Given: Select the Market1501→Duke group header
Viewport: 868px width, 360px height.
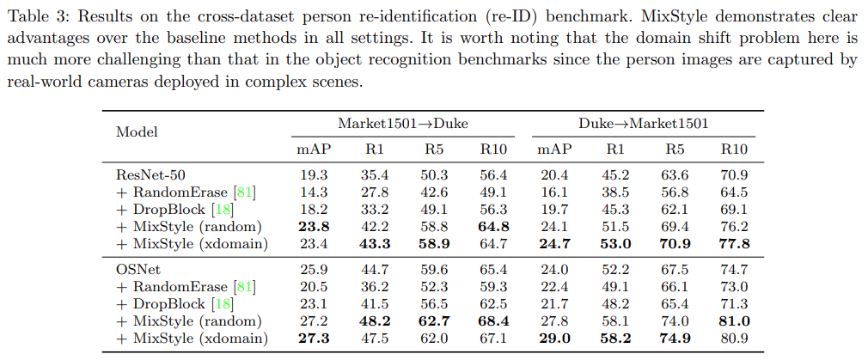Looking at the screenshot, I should [403, 124].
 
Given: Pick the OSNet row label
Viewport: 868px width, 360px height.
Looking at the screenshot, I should [134, 270].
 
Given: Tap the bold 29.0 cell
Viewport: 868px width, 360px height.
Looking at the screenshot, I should [554, 339].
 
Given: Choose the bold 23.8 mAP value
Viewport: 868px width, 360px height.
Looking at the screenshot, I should [314, 227].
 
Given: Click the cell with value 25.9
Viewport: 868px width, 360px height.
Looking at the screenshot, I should [314, 270].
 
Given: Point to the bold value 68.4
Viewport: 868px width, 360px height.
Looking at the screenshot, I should [494, 321].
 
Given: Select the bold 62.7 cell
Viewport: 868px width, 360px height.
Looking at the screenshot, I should [434, 321].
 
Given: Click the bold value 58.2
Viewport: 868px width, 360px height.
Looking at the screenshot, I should [614, 339].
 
